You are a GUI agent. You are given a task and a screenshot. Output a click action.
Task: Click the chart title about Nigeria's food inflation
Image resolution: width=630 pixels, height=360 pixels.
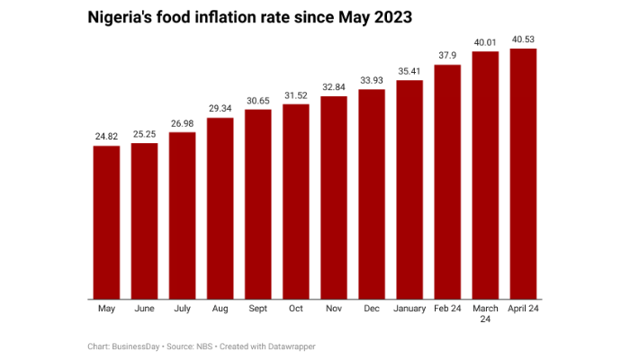251,17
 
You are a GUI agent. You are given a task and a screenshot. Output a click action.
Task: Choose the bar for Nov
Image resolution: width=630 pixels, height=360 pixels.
334,197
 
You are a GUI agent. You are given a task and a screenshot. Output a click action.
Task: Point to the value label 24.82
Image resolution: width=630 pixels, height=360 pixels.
106,136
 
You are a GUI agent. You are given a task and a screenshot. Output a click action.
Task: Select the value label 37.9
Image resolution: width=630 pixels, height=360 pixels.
447,55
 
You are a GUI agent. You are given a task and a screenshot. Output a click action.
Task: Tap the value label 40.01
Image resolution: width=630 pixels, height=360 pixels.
485,41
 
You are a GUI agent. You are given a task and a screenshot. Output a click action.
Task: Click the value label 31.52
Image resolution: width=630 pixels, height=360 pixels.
296,94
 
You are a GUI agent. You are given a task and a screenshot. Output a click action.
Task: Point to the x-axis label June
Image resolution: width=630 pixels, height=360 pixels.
144,309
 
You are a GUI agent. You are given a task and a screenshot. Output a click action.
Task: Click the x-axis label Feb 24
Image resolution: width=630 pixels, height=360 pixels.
447,309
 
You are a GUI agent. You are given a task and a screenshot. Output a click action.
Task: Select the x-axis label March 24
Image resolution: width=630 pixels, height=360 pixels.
485,314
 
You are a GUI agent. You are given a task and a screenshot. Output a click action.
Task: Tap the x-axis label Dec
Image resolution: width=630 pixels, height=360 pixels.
372,309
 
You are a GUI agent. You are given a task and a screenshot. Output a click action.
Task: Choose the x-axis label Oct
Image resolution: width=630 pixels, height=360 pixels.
296,309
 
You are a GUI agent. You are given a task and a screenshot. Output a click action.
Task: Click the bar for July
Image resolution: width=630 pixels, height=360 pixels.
182,216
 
